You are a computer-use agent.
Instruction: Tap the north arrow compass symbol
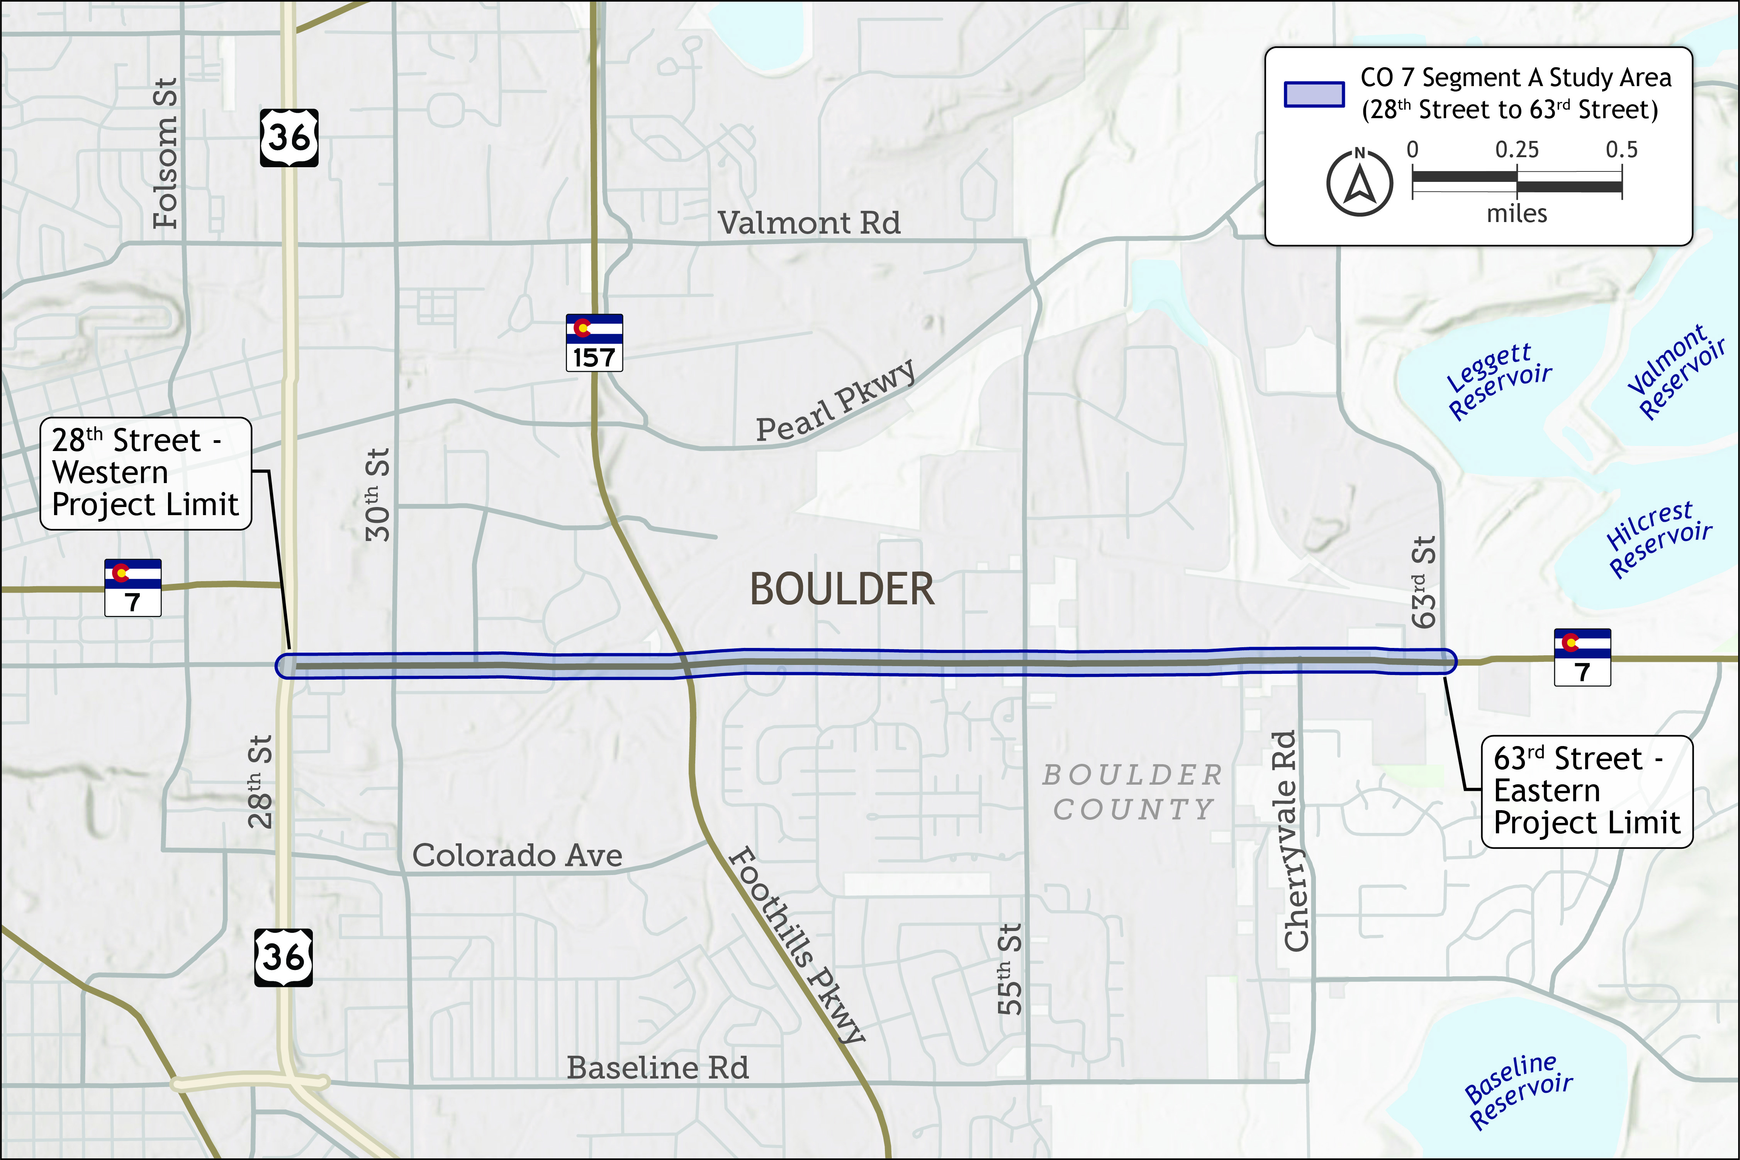[1360, 182]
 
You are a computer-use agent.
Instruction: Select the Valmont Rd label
[809, 223]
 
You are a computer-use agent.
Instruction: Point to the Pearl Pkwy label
[835, 402]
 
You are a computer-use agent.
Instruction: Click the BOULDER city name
[842, 590]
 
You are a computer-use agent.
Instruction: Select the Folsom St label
[166, 153]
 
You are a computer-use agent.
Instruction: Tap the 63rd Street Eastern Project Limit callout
[1587, 791]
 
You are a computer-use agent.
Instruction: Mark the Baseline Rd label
[658, 1068]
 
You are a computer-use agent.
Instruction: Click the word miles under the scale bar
[1517, 214]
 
